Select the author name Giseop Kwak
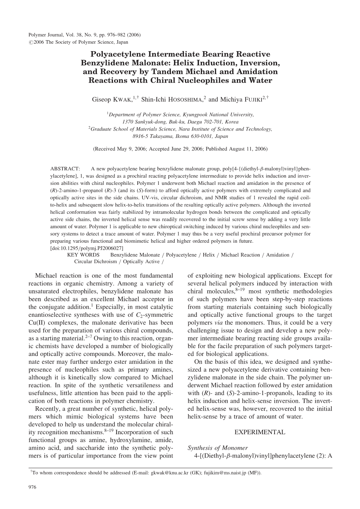(112, 100)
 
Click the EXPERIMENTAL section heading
(259, 432)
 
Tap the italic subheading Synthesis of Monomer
(217, 448)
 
